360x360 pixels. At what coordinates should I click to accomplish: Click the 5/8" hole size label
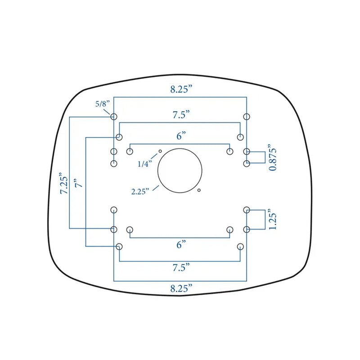tap(103, 104)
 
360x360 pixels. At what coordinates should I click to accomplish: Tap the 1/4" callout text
tap(145, 164)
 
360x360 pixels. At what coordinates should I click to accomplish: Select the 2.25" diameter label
tap(140, 191)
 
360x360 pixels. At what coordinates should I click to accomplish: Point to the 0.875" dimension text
tap(273, 157)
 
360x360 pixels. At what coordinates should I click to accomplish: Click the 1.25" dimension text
tap(273, 219)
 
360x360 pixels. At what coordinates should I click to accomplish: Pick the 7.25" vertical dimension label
tap(64, 183)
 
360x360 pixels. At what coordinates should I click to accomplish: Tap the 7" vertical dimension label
tap(78, 183)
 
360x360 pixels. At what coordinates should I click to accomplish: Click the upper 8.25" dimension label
tap(181, 89)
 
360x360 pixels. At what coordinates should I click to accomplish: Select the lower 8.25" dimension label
tap(181, 288)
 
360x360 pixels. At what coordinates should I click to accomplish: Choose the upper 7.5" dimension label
tap(181, 115)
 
